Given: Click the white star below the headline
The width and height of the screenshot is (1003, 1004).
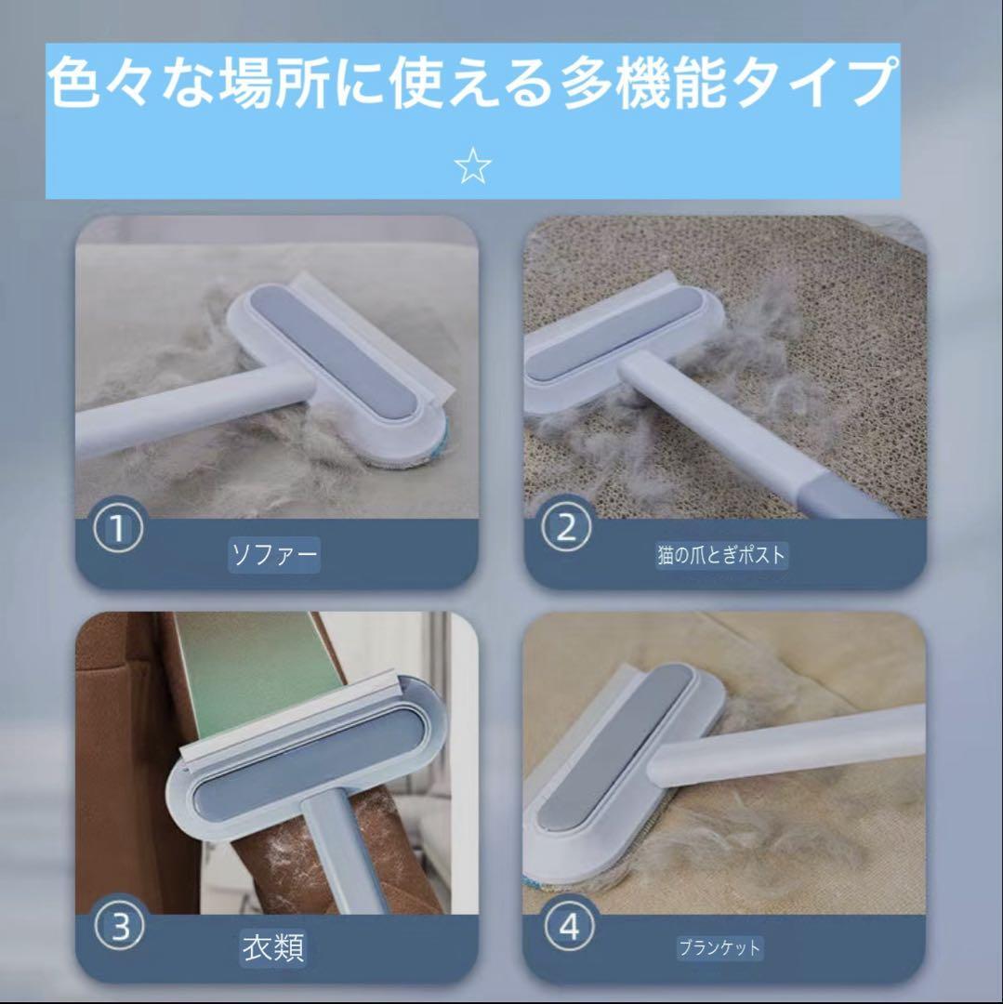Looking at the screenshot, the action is pos(472,165).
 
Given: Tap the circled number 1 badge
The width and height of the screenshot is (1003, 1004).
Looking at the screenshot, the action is pos(118,529).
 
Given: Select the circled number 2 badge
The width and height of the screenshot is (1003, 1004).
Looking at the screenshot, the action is pos(566,529).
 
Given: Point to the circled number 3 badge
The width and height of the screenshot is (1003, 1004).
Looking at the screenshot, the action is pos(119,927).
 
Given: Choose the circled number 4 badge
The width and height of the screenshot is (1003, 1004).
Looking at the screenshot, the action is pos(569,927).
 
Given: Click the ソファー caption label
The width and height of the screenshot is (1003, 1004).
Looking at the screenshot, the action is pos(274,554).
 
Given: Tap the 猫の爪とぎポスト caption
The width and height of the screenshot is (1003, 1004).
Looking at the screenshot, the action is pos(721,554).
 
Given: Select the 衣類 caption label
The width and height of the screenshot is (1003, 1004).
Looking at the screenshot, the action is pos(273,947).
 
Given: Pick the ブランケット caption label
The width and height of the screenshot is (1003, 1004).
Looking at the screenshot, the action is pos(719,947).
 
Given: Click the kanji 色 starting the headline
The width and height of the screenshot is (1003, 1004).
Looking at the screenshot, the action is pos(74,82).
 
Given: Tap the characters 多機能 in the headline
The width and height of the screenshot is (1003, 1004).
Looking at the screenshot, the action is pos(645,82).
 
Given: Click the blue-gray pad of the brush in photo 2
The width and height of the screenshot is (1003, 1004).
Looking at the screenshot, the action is pos(614,332).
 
